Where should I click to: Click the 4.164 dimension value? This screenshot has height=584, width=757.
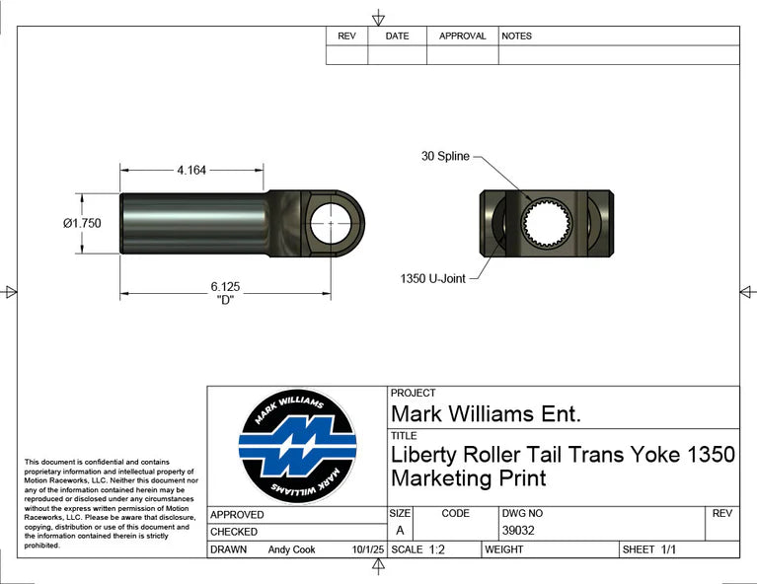191,171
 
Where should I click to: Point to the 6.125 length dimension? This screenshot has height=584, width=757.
225,286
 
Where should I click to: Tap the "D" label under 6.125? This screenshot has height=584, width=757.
225,300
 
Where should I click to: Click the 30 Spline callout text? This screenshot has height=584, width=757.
445,156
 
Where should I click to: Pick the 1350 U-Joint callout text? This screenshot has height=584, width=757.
432,278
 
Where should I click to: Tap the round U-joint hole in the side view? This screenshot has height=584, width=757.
330,223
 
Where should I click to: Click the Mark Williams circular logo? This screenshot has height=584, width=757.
297,447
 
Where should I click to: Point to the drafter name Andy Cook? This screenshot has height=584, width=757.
291,549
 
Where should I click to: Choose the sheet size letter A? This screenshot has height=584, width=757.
400,531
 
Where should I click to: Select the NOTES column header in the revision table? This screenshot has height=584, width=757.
516,36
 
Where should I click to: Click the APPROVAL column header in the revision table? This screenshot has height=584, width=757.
462,36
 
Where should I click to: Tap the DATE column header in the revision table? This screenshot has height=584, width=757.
397,36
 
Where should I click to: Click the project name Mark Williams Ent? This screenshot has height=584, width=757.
486,413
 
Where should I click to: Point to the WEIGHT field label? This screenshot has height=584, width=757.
503,549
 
